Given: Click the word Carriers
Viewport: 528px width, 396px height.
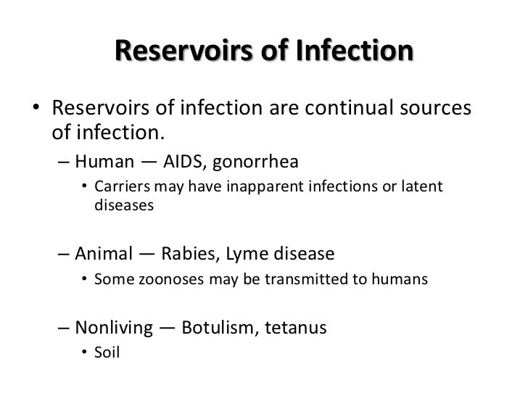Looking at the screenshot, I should tap(120, 188).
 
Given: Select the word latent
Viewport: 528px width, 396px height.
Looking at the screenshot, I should tap(421, 188).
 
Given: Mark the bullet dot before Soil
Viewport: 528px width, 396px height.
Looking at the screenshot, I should tap(85, 355).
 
